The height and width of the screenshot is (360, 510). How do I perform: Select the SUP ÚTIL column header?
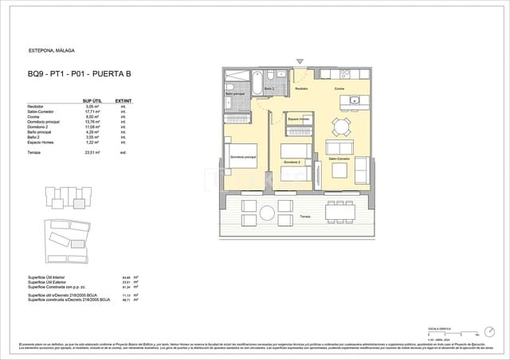[x=91, y=101]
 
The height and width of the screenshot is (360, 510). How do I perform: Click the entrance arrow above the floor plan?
[x=300, y=61]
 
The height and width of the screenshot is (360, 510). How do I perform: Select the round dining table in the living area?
[x=341, y=126]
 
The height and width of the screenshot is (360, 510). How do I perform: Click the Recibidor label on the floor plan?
[x=301, y=89]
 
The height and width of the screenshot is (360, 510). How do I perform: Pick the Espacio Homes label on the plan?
[x=298, y=119]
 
